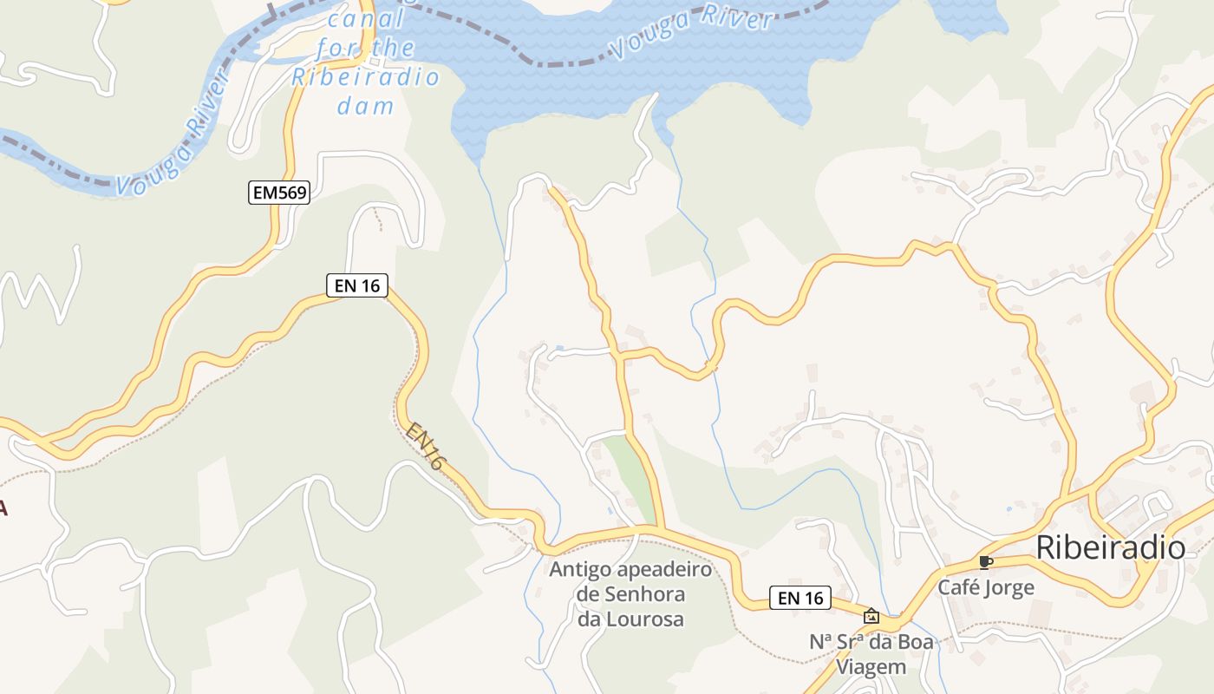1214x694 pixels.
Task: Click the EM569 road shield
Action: (x=279, y=193)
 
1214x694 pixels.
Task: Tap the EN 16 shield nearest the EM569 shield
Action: (x=356, y=285)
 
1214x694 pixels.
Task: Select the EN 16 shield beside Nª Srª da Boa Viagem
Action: (x=800, y=598)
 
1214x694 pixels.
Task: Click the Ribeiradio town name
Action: (x=1110, y=548)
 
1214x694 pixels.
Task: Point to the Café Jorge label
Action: (x=986, y=588)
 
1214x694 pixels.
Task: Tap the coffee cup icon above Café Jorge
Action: (x=984, y=562)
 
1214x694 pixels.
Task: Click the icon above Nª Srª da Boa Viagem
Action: (x=871, y=616)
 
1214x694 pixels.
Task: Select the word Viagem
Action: (x=871, y=667)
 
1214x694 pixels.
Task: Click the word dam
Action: (x=365, y=107)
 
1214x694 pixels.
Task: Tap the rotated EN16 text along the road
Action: (x=426, y=447)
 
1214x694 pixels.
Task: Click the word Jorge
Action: (x=1008, y=588)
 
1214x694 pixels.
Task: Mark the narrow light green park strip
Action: (x=630, y=477)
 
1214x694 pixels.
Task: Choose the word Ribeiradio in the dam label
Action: (x=365, y=76)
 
